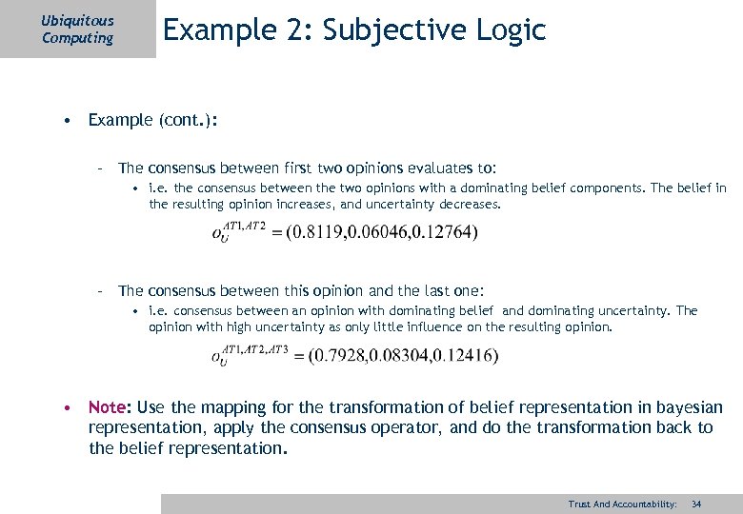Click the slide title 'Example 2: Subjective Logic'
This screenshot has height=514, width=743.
click(x=354, y=30)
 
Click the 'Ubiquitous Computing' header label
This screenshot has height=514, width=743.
click(x=77, y=29)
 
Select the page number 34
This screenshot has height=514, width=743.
click(x=696, y=504)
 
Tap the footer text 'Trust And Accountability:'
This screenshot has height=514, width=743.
click(x=622, y=504)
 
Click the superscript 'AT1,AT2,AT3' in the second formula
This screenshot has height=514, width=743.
click(x=254, y=349)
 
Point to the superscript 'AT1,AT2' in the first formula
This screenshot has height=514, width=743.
click(x=243, y=226)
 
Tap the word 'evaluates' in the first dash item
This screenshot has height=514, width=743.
click(x=427, y=168)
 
